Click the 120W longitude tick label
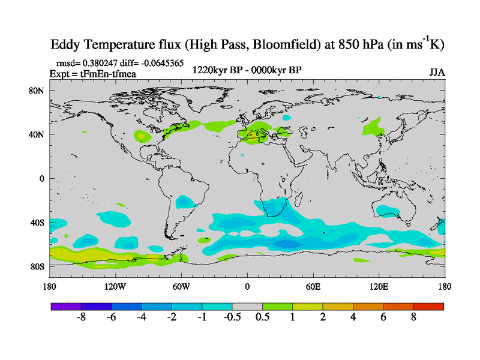pyautogui.click(x=115, y=286)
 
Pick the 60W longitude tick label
pyautogui.click(x=181, y=286)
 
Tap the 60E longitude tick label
pyautogui.click(x=313, y=286)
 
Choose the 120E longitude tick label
pyautogui.click(x=379, y=286)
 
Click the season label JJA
pyautogui.click(x=437, y=72)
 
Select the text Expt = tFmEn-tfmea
pyautogui.click(x=92, y=73)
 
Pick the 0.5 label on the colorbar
pyautogui.click(x=262, y=317)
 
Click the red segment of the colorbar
pyautogui.click(x=428, y=306)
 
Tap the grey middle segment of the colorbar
pyautogui.click(x=247, y=306)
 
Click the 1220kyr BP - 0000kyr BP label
pyautogui.click(x=247, y=70)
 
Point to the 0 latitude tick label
pyautogui.click(x=42, y=179)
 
